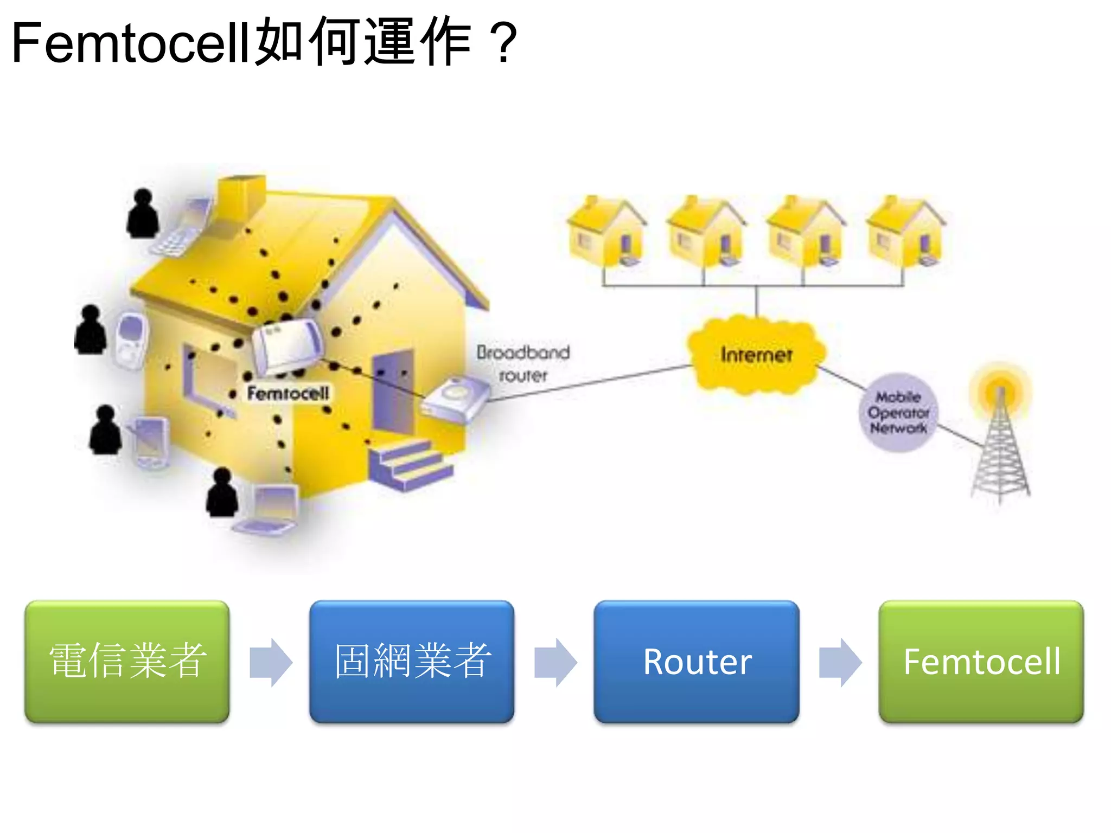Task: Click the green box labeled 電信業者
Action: pos(127,661)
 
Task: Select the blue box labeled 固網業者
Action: pos(412,661)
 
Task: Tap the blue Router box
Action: pos(697,661)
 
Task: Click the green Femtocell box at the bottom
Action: pos(981,661)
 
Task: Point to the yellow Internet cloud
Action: pos(756,355)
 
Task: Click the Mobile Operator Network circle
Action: pos(898,412)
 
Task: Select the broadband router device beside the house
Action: pos(455,400)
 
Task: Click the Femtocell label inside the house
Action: pos(288,393)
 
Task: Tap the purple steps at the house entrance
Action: pos(411,464)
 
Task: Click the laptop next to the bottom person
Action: pos(269,510)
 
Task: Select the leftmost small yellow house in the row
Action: pos(606,233)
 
